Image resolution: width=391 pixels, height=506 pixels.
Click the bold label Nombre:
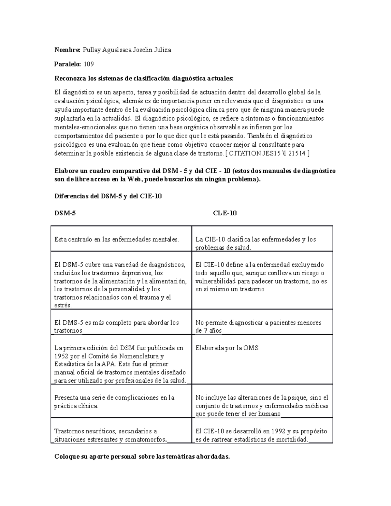67,50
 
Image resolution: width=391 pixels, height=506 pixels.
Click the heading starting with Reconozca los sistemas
144,79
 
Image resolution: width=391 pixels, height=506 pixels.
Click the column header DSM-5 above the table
62,213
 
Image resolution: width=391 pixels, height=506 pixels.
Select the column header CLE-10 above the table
225,213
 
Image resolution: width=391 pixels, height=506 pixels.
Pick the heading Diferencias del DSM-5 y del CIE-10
108,196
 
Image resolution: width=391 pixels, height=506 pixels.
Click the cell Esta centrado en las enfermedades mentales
117,239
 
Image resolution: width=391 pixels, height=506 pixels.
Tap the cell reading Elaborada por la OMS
227,348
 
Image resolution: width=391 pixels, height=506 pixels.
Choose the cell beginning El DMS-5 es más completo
117,326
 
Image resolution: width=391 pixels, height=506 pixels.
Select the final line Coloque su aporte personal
142,457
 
